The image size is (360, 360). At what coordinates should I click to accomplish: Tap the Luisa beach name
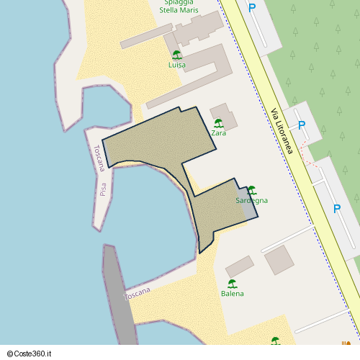[176, 65]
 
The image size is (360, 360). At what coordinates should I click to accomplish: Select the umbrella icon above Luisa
[176, 55]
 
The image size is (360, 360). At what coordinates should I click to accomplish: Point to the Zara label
[219, 133]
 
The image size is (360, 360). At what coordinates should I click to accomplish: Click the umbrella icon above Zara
[218, 123]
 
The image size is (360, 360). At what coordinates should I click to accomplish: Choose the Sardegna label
[251, 200]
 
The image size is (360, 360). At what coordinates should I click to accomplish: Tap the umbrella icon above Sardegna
[251, 190]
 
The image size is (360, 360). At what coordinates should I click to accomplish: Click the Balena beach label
[232, 293]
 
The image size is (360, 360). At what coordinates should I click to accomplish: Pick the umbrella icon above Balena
[232, 283]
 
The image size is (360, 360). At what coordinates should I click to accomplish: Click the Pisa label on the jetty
[103, 189]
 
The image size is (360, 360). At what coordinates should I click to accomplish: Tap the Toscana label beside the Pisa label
[99, 158]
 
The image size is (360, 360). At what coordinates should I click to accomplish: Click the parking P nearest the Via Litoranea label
[302, 125]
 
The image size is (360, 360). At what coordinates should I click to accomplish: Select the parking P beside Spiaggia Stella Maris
[252, 9]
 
